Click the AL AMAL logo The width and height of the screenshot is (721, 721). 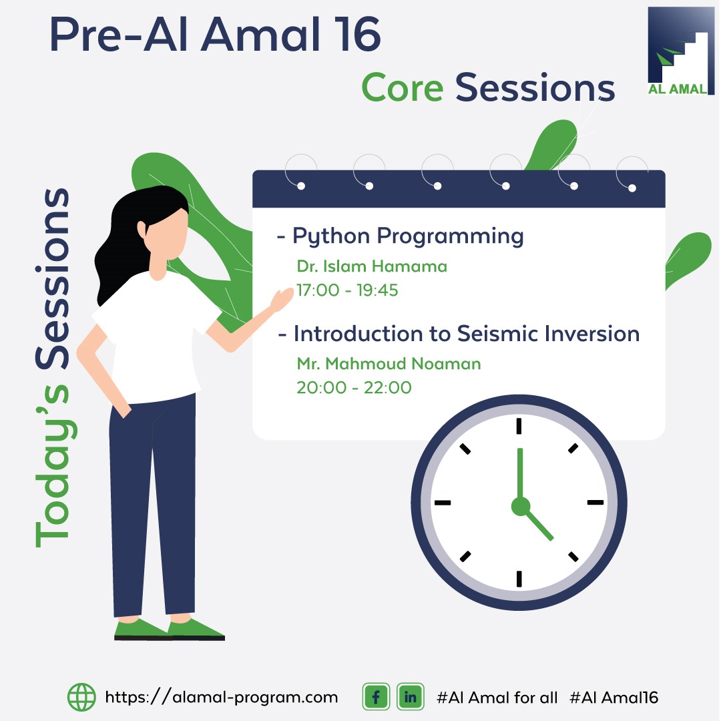tap(680, 51)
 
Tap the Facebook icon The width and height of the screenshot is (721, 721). tap(376, 696)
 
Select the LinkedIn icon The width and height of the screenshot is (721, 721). tap(410, 696)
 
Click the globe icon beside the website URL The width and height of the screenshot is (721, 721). tap(82, 697)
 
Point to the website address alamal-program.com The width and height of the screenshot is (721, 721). tap(221, 697)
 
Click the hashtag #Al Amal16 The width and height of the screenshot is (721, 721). tap(614, 698)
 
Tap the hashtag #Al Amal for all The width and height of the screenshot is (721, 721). tap(497, 698)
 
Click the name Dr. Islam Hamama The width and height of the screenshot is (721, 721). tap(372, 266)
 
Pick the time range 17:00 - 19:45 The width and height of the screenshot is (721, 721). tap(347, 290)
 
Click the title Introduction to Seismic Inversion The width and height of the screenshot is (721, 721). tap(466, 334)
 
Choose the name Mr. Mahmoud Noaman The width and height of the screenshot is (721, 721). tap(389, 364)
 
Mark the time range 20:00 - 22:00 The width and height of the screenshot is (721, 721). tap(354, 388)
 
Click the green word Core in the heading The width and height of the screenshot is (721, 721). tap(403, 87)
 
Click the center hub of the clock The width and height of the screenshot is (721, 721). tap(521, 506)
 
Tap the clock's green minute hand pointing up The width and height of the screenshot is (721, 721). tap(520, 473)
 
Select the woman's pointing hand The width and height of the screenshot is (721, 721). tap(282, 299)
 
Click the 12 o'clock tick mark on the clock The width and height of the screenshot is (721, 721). tap(519, 426)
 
